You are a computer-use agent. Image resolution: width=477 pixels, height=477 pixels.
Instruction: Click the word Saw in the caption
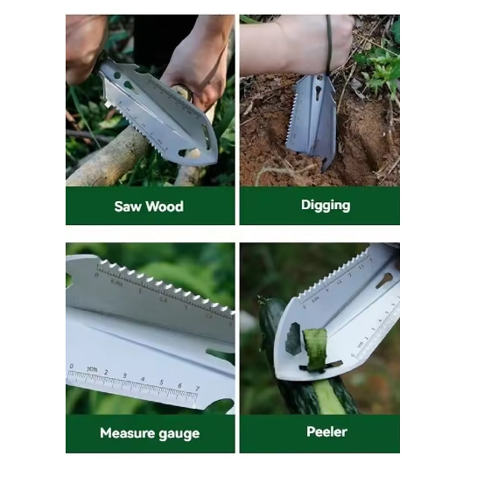[128, 207]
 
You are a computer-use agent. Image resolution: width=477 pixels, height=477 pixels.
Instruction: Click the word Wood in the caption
[165, 207]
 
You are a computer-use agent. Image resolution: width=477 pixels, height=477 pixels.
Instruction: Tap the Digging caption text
[326, 205]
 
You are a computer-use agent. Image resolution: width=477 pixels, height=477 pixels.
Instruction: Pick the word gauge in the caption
[181, 434]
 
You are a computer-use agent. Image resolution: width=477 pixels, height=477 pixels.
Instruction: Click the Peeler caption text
[327, 432]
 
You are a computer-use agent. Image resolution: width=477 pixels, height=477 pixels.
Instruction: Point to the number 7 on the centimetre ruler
[197, 389]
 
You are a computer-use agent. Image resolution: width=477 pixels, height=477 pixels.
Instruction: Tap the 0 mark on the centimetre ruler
[72, 366]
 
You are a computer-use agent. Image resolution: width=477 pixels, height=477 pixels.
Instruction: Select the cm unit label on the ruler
[92, 369]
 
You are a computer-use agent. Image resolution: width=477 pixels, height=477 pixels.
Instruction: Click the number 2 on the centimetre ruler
[106, 372]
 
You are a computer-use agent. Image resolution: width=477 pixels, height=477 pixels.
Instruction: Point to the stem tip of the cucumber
[261, 301]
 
